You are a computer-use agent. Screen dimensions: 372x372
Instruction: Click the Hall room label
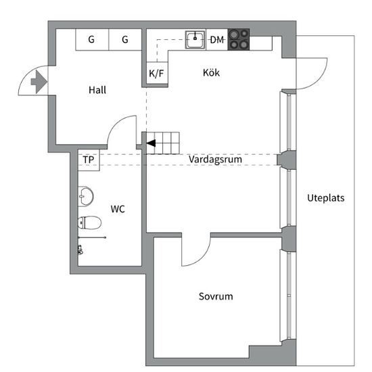tap(97, 90)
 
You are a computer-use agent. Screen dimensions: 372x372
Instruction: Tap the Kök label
tap(211, 72)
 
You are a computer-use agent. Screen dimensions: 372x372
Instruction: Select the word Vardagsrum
tap(215, 159)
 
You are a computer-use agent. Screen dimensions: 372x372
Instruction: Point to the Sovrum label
tap(216, 296)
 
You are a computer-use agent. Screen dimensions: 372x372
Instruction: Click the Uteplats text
tap(326, 198)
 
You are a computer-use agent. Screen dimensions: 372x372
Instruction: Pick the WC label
tap(118, 209)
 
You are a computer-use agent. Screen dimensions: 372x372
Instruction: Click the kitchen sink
tap(195, 40)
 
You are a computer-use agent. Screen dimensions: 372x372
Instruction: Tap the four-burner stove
tap(239, 40)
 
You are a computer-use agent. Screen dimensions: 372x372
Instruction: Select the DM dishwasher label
tap(217, 40)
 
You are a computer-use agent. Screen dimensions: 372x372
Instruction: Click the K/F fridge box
tap(157, 73)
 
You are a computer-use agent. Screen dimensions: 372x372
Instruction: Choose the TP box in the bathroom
tap(89, 160)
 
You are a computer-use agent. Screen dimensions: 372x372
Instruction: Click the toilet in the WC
tap(89, 223)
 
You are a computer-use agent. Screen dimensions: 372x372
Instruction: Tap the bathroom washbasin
tap(86, 196)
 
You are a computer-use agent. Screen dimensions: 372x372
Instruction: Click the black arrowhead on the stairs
tap(151, 143)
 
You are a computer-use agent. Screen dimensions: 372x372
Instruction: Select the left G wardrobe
tap(92, 40)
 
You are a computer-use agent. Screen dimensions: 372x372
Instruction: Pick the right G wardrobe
tap(125, 40)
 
